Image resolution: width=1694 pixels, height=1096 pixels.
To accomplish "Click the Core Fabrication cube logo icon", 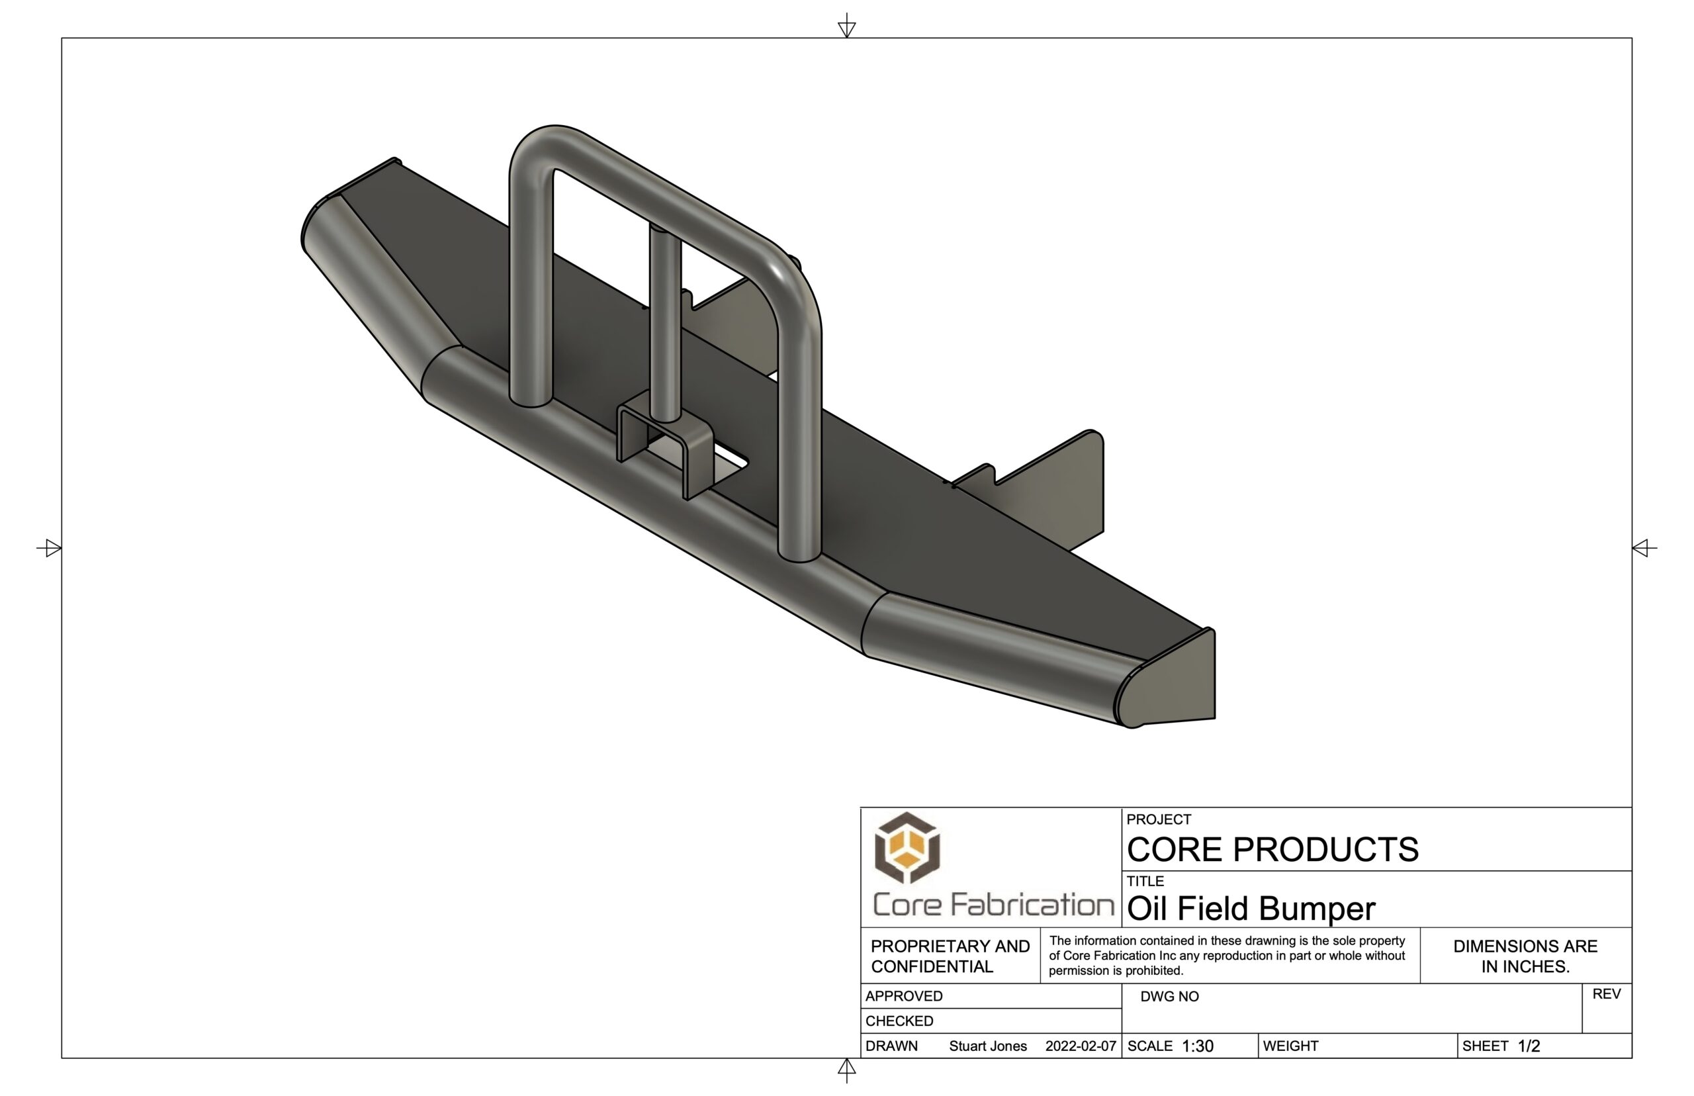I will pos(907,848).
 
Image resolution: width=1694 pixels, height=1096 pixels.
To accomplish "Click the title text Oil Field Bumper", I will pos(1250,909).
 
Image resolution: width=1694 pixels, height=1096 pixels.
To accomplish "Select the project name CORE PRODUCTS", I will pos(1272,849).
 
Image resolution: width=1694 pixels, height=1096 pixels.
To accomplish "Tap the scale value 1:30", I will pos(1198,1046).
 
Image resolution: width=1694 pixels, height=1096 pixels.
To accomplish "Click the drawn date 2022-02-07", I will pos(1080,1046).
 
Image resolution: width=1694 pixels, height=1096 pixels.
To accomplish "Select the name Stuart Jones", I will pos(987,1046).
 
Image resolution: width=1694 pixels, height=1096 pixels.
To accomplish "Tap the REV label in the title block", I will pos(1606,994).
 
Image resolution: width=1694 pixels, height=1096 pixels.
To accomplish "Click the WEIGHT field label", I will pos(1290,1046).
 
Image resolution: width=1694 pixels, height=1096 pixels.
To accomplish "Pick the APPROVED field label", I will pos(903,996).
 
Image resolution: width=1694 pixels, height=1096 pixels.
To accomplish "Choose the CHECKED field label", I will pos(899,1021).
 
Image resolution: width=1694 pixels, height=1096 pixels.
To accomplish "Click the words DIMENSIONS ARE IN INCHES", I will pos(1525,956).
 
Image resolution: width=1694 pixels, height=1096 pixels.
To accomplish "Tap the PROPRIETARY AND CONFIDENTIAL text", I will pos(950,956).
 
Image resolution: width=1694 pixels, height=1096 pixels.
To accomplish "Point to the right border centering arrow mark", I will pos(1643,548).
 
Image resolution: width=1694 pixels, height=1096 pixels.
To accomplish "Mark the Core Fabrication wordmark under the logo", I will pos(993,905).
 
